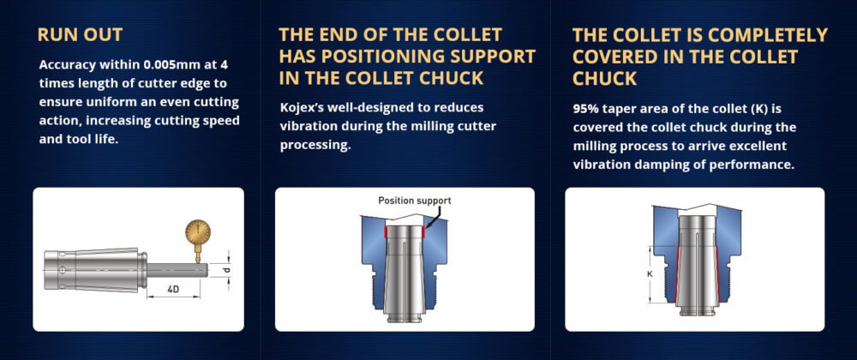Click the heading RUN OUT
click(x=80, y=34)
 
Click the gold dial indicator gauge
click(x=197, y=233)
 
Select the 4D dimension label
click(x=173, y=289)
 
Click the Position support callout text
click(x=415, y=201)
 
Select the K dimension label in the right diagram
click(x=650, y=274)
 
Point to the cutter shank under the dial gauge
click(x=177, y=270)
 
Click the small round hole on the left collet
click(x=63, y=270)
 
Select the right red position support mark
click(x=423, y=232)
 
